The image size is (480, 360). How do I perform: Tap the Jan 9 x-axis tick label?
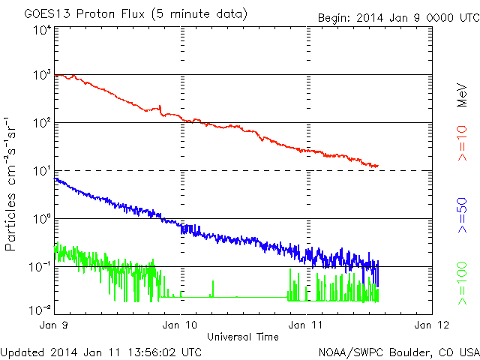click(x=54, y=325)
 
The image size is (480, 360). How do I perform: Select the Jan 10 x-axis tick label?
click(x=180, y=325)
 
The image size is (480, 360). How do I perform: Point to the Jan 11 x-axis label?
click(x=305, y=325)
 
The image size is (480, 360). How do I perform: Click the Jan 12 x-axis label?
click(x=432, y=325)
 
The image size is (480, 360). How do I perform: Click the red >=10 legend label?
click(x=462, y=143)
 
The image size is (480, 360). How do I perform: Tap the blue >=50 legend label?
click(x=462, y=215)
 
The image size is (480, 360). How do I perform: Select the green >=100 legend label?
click(x=462, y=283)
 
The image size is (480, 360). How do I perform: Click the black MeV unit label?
click(x=462, y=95)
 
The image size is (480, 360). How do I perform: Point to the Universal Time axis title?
click(x=243, y=337)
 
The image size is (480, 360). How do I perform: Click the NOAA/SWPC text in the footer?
click(x=350, y=352)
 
